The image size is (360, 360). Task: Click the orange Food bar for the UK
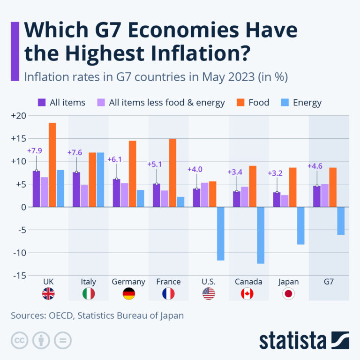[52, 165]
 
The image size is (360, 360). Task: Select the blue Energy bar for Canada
[261, 235]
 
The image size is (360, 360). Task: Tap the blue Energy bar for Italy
[100, 180]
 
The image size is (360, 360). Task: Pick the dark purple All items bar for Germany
[116, 193]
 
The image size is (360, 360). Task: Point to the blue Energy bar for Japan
[300, 225]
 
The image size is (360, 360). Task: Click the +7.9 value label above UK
[35, 151]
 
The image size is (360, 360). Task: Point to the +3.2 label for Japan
[276, 173]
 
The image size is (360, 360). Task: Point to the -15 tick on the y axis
[20, 276]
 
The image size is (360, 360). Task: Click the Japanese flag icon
[288, 294]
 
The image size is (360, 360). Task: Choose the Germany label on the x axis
[128, 282]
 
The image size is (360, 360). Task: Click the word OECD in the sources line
[60, 315]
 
